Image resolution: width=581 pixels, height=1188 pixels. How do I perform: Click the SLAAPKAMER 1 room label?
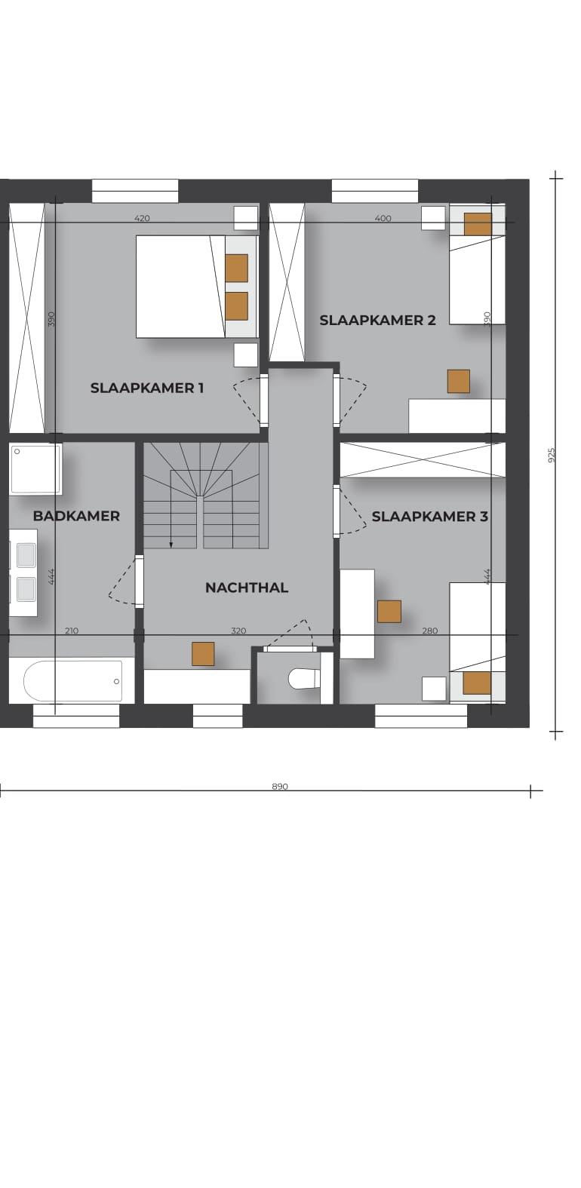click(x=146, y=388)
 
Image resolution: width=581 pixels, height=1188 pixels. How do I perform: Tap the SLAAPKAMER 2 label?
click(x=377, y=320)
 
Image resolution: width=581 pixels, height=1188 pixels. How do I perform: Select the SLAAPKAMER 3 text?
click(x=429, y=516)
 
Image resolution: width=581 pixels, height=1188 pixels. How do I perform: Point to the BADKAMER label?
click(x=76, y=515)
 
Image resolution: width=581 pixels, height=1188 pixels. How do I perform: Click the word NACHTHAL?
click(x=247, y=587)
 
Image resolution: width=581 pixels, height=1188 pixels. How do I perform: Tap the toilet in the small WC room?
click(x=303, y=678)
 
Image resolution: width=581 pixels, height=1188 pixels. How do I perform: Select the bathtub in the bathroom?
click(x=72, y=681)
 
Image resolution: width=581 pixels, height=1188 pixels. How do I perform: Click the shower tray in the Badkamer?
click(x=35, y=469)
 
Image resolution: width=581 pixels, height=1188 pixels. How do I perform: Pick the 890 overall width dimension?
click(x=280, y=786)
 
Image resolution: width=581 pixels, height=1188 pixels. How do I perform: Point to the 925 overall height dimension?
click(x=551, y=455)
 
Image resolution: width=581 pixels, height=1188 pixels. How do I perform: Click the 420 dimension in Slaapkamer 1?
click(x=142, y=217)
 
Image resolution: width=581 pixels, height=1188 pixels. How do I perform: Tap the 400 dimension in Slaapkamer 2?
click(x=383, y=217)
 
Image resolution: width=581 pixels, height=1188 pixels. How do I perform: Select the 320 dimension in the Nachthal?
click(x=238, y=631)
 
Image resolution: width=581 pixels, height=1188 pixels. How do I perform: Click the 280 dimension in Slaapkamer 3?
click(x=430, y=631)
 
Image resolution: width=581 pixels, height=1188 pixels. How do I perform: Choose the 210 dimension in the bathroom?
click(x=72, y=631)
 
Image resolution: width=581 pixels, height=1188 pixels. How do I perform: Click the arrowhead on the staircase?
click(x=171, y=544)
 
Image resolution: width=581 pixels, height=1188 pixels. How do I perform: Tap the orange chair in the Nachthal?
click(x=203, y=653)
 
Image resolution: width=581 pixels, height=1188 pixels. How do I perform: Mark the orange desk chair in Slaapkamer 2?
click(x=459, y=382)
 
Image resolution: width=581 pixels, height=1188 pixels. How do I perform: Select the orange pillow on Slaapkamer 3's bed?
click(x=476, y=683)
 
